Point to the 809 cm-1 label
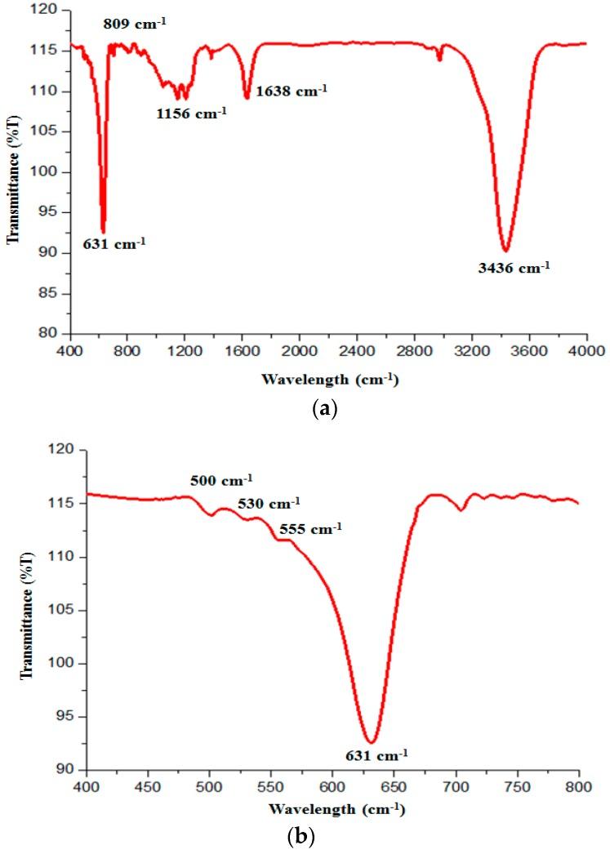click(x=135, y=24)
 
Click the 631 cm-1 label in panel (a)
click(x=114, y=242)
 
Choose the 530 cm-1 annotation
click(x=269, y=502)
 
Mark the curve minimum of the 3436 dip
click(x=506, y=251)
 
